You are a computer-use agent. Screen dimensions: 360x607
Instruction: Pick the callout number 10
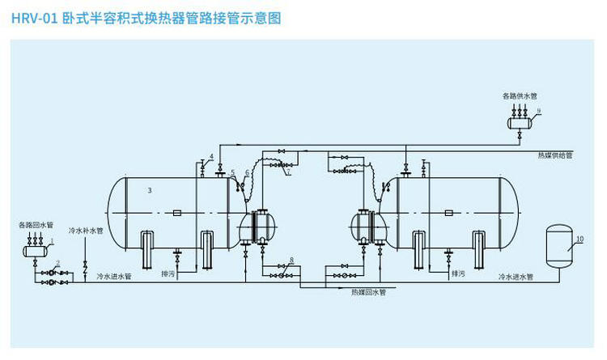(579, 239)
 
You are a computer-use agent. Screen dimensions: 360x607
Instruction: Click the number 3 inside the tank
(149, 190)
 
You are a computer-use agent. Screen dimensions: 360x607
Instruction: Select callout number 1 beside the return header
(52, 241)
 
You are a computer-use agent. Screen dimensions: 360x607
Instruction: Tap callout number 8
(291, 260)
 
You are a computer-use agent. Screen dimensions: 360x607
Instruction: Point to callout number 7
(288, 172)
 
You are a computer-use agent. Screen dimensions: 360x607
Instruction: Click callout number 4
(211, 155)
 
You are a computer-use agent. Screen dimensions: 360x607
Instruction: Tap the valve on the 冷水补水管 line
(86, 265)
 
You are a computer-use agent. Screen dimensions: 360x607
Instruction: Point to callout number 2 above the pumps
(57, 264)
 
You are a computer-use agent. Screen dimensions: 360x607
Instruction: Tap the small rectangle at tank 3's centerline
(176, 213)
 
